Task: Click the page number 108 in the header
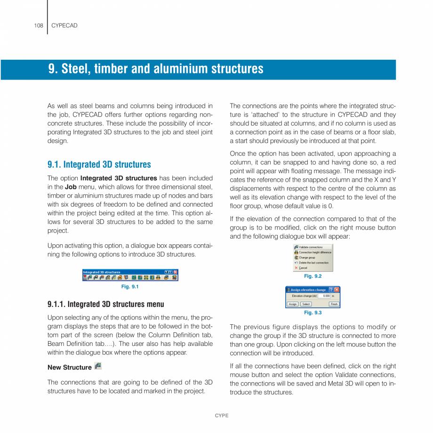(39, 25)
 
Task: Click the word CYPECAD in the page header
(64, 25)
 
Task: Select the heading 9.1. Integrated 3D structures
(99, 165)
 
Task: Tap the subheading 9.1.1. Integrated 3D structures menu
(105, 305)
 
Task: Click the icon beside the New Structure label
(98, 366)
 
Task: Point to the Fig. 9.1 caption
(130, 287)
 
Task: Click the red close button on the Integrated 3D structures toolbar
(176, 272)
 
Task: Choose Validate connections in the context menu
(311, 247)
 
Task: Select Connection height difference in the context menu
(315, 252)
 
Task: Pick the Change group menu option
(307, 257)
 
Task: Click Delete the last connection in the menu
(313, 263)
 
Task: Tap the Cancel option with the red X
(303, 268)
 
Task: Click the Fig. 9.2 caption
(313, 276)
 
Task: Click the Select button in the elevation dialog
(306, 304)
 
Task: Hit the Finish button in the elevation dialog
(334, 304)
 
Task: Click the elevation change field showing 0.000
(325, 296)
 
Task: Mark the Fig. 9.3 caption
(313, 313)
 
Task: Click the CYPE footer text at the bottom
(221, 416)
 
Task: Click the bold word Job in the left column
(71, 187)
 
